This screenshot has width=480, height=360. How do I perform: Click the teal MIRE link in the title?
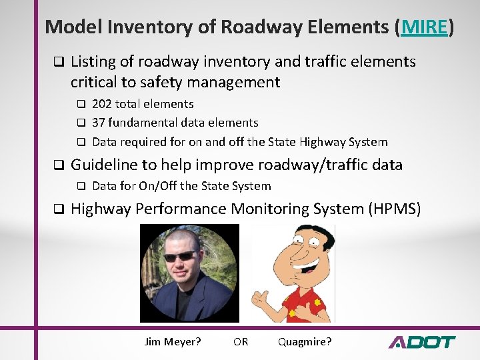(x=424, y=27)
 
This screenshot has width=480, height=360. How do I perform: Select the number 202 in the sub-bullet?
(x=102, y=104)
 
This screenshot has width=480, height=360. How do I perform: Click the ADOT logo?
(x=421, y=342)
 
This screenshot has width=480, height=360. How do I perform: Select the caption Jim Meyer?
(x=173, y=342)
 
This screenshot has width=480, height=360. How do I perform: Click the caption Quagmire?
(x=305, y=342)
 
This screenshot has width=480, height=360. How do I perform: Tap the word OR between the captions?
(x=241, y=342)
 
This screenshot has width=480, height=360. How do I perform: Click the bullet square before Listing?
(x=58, y=63)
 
